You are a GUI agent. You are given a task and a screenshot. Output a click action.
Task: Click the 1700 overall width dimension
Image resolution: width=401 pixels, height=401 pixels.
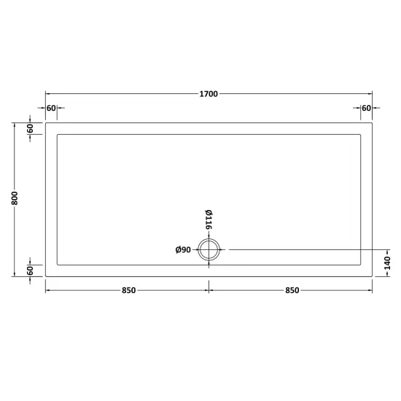point(209,94)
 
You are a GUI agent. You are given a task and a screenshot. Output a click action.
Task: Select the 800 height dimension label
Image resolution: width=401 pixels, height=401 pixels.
point(15,198)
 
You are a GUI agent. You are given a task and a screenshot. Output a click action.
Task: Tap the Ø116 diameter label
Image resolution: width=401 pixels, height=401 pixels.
point(209,219)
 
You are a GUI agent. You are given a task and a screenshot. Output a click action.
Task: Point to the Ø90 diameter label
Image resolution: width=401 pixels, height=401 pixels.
point(183,249)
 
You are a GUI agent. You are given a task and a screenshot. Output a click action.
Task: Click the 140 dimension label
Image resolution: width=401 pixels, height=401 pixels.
point(387,263)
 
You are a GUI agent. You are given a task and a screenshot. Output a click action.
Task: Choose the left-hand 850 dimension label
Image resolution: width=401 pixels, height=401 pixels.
point(128,290)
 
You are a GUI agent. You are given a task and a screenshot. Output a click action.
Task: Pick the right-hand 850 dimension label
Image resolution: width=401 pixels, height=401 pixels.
point(292,290)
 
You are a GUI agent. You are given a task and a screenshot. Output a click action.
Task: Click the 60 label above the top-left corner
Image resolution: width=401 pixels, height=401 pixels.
point(51,108)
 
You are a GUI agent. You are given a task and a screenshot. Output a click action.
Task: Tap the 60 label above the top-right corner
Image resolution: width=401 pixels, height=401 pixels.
point(366,108)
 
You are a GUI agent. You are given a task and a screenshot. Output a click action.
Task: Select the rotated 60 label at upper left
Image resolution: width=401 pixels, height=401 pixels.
point(30,128)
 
